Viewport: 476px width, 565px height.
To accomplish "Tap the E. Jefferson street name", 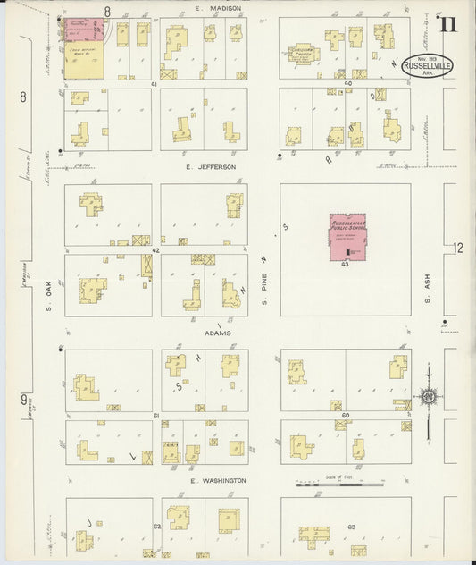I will (211, 166).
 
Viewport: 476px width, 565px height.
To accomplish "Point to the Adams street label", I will (217, 333).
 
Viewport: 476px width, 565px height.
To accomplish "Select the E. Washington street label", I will (219, 480).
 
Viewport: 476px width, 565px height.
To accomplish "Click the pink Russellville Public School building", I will (349, 237).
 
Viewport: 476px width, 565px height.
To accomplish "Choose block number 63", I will (352, 527).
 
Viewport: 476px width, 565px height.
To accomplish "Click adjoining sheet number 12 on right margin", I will (458, 248).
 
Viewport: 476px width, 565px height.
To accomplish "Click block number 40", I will (348, 83).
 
